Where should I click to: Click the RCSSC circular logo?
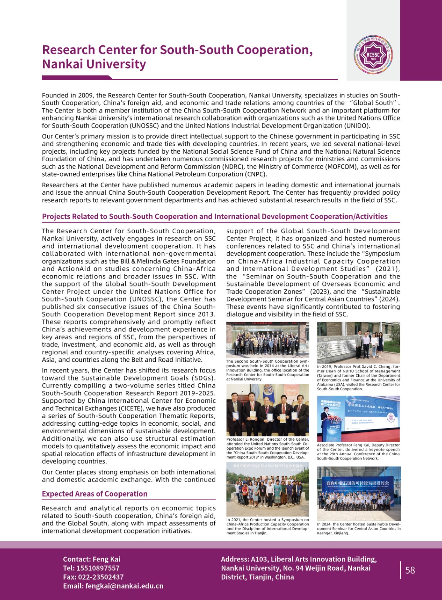[x=373, y=55]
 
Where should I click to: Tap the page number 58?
[x=410, y=570]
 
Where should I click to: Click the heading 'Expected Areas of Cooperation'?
[x=95, y=494]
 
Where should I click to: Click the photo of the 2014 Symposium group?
[x=268, y=340]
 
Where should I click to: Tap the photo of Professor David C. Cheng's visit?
[x=358, y=342]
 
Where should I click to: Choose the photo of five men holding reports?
[x=268, y=410]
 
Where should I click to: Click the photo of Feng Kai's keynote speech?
[x=358, y=419]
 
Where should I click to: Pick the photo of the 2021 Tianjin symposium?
[x=268, y=489]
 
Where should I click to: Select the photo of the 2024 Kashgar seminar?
[x=359, y=493]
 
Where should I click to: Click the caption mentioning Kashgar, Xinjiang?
[x=359, y=529]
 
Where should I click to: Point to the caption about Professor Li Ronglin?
[x=268, y=448]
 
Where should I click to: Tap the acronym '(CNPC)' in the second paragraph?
[x=256, y=174]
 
